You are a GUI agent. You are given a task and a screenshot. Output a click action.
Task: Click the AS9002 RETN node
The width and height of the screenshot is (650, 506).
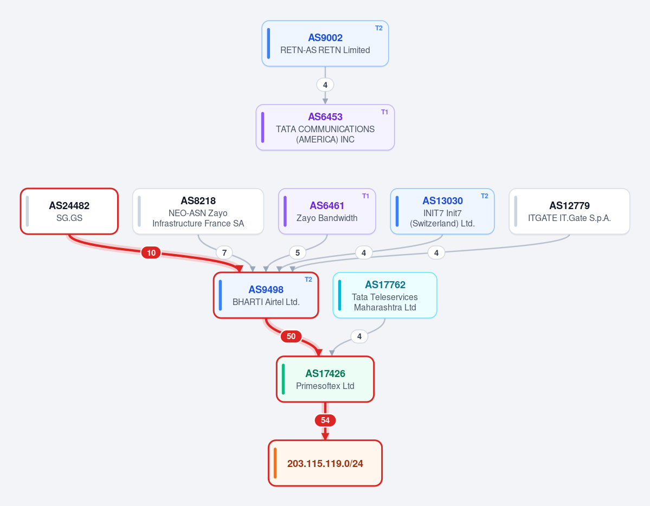point(325,43)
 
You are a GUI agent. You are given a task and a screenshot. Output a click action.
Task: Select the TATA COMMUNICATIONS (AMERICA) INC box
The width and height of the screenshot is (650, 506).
point(325,127)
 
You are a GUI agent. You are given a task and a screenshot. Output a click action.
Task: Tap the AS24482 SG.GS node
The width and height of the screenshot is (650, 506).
point(69,211)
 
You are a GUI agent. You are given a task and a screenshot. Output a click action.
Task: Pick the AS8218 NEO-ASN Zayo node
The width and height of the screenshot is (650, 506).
point(198,211)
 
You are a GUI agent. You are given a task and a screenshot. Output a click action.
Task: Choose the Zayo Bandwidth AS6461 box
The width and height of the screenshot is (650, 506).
point(327,211)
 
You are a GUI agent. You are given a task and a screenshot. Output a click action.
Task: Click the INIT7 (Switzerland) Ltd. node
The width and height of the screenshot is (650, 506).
point(442,211)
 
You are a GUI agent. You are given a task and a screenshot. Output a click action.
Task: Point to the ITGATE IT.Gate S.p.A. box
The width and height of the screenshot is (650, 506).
point(569,211)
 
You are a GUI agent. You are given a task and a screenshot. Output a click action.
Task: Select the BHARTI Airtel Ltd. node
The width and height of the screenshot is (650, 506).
point(266,295)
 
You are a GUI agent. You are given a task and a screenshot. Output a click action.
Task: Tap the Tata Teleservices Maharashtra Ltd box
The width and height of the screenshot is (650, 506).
point(385,295)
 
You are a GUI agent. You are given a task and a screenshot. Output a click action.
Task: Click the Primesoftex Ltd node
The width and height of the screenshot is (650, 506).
point(325,379)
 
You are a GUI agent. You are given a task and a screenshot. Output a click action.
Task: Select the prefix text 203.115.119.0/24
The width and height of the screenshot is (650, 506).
point(325,463)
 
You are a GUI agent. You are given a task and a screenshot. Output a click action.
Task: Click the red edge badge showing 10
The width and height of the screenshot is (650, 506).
point(151,252)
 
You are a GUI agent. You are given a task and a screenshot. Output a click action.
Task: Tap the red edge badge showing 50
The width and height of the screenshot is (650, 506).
point(291,336)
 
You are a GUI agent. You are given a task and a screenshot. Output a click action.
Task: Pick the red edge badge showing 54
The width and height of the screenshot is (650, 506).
point(325,420)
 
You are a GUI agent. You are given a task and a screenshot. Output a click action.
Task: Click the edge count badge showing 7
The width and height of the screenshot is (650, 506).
point(224,252)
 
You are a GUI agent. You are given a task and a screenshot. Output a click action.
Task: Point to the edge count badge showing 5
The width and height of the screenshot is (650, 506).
point(298,252)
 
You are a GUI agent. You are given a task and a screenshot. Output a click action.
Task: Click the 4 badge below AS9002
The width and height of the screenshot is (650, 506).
point(325,85)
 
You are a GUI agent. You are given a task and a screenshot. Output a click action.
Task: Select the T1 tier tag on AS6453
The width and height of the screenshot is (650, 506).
point(384,112)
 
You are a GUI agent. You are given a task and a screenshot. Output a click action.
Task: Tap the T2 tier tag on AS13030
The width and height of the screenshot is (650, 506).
point(484,196)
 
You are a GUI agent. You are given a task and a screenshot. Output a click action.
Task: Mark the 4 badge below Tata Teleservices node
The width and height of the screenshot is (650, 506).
point(359,336)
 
